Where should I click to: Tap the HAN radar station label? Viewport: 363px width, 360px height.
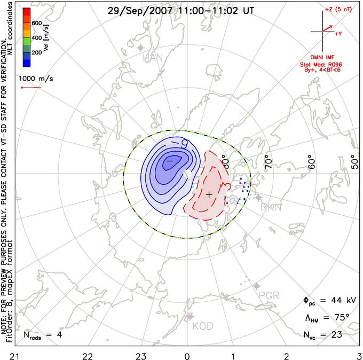[153, 57]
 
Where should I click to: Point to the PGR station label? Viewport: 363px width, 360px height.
[269, 295]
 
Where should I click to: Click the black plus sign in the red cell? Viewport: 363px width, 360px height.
[209, 194]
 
